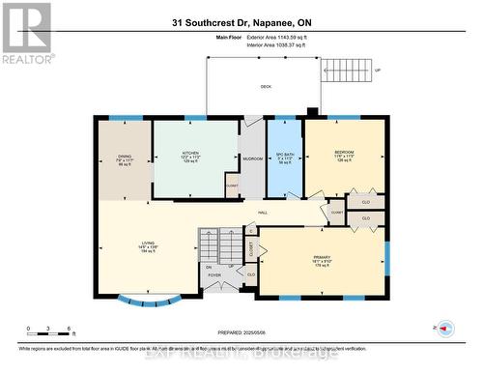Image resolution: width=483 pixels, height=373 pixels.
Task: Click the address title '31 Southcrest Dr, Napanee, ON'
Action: pos(241,21)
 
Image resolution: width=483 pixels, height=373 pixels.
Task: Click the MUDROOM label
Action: pos(252,157)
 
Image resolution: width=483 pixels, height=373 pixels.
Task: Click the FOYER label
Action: pos(213,275)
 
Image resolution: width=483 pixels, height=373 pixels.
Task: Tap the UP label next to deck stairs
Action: pos(378,71)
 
